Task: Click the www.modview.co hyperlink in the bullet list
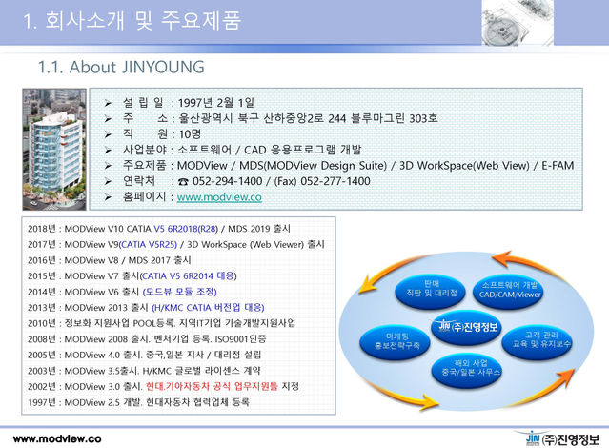(x=219, y=196)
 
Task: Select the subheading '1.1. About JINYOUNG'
(x=120, y=68)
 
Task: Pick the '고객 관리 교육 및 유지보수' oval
(x=546, y=337)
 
